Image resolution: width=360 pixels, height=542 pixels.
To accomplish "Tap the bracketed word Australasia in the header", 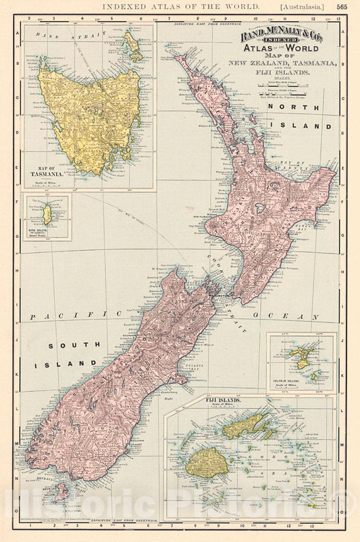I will pos(302,6).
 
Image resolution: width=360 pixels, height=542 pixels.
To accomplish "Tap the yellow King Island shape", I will pos(47,215).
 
